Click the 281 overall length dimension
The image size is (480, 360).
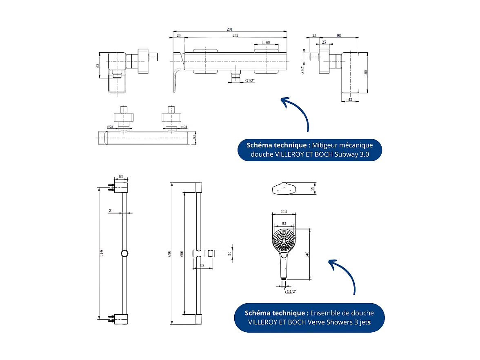coord(229,29)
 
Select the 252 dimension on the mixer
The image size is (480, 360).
coord(236,36)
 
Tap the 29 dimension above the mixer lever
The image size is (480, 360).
coord(178,36)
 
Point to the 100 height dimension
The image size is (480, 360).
coord(366,72)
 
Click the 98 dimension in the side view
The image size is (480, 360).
coord(339,36)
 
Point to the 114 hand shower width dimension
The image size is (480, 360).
coord(284,211)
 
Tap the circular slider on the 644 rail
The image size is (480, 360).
coord(124,253)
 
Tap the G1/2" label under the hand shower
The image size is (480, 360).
coord(291,291)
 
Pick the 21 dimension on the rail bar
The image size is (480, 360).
coord(111,211)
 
